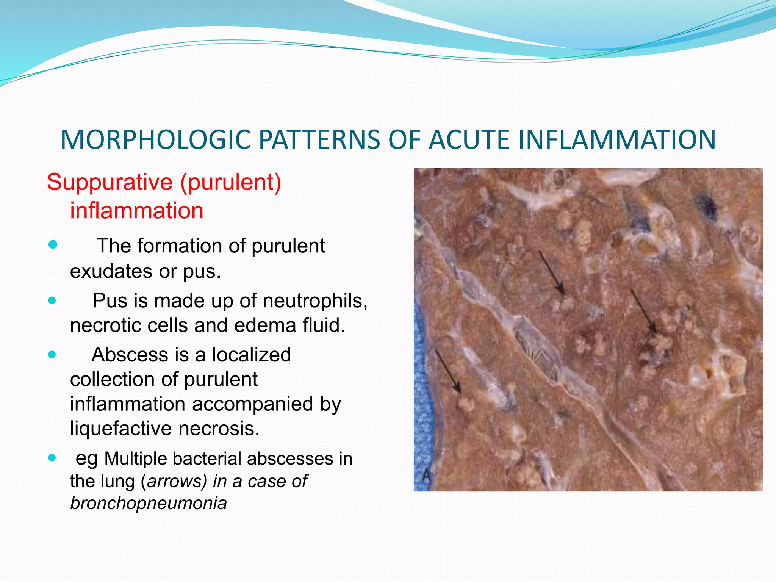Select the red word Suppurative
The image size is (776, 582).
[x=110, y=182]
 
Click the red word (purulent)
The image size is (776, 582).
[x=231, y=182]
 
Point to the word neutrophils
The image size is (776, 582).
[x=315, y=301]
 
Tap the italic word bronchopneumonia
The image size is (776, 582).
[x=149, y=503]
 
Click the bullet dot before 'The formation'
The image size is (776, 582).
[x=53, y=245]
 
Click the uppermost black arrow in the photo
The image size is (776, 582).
[x=551, y=272]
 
